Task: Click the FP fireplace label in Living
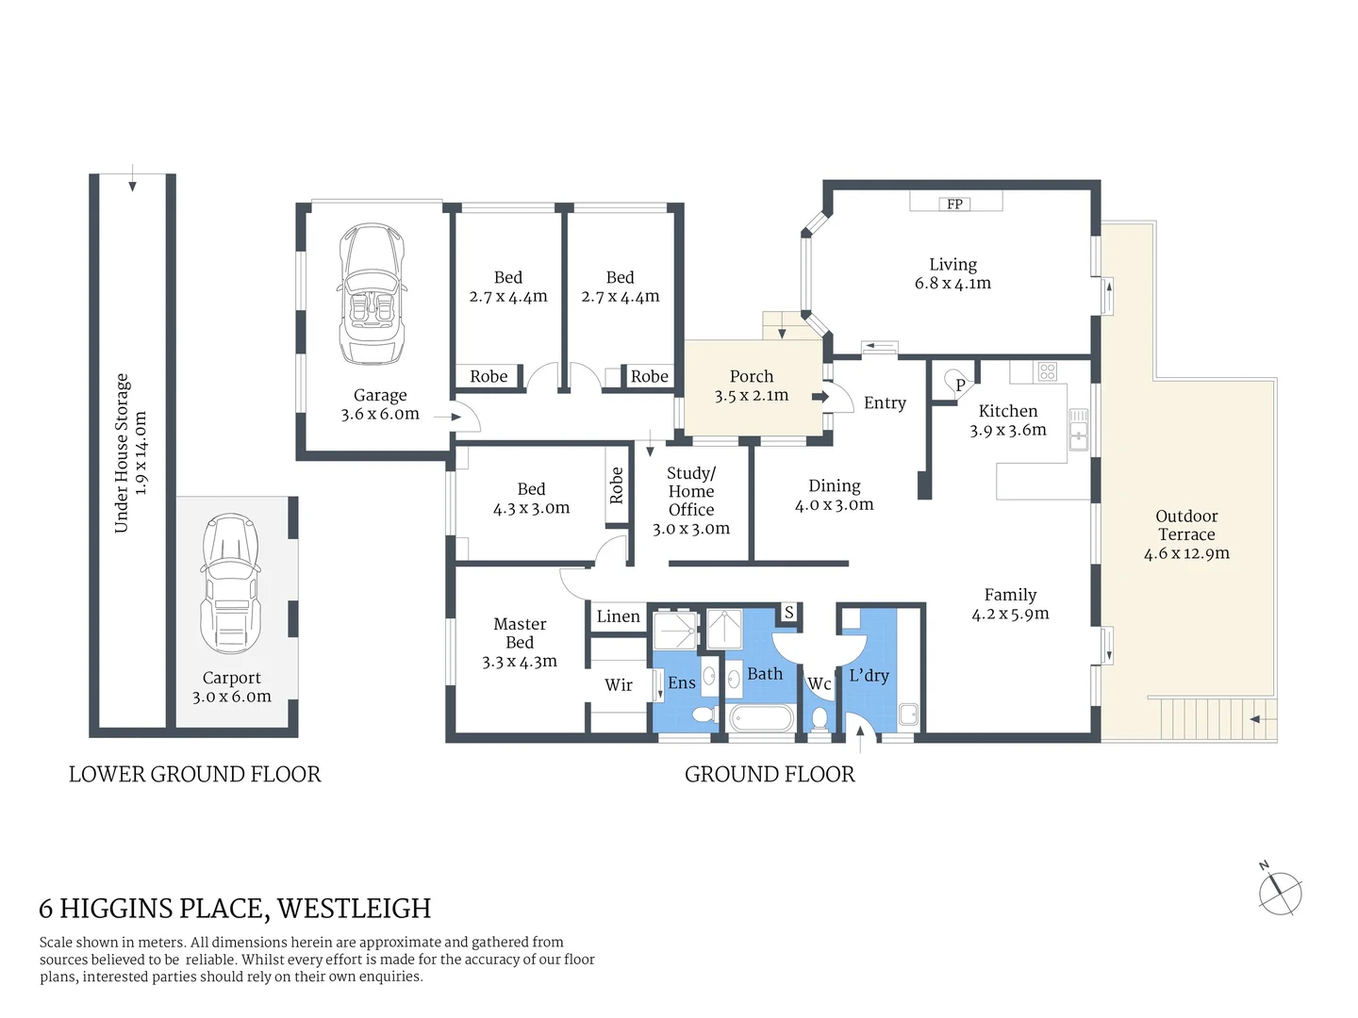point(954,204)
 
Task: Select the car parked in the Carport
point(230,584)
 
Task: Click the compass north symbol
point(1280,891)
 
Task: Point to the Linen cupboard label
point(618,616)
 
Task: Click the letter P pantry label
point(960,385)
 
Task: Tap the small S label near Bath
point(788,613)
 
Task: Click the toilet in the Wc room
point(819,720)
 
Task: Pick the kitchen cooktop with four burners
point(1047,371)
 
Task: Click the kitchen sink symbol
point(1077,430)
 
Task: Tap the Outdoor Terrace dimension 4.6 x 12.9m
point(1186,554)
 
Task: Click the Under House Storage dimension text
point(141,453)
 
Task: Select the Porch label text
point(751,376)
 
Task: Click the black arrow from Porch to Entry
point(820,397)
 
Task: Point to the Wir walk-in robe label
point(618,685)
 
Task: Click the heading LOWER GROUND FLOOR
point(194,775)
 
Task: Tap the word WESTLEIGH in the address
point(354,909)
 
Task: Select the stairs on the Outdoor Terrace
point(1207,718)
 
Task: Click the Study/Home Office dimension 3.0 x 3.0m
point(691,529)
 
